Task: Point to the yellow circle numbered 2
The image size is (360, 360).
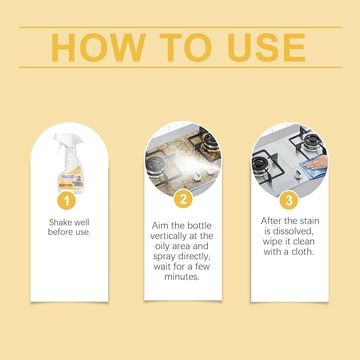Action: (x=183, y=200)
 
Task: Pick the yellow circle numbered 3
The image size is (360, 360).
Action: (x=289, y=200)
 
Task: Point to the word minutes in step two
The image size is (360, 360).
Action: (x=182, y=277)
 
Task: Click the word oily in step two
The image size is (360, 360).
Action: (x=161, y=246)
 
